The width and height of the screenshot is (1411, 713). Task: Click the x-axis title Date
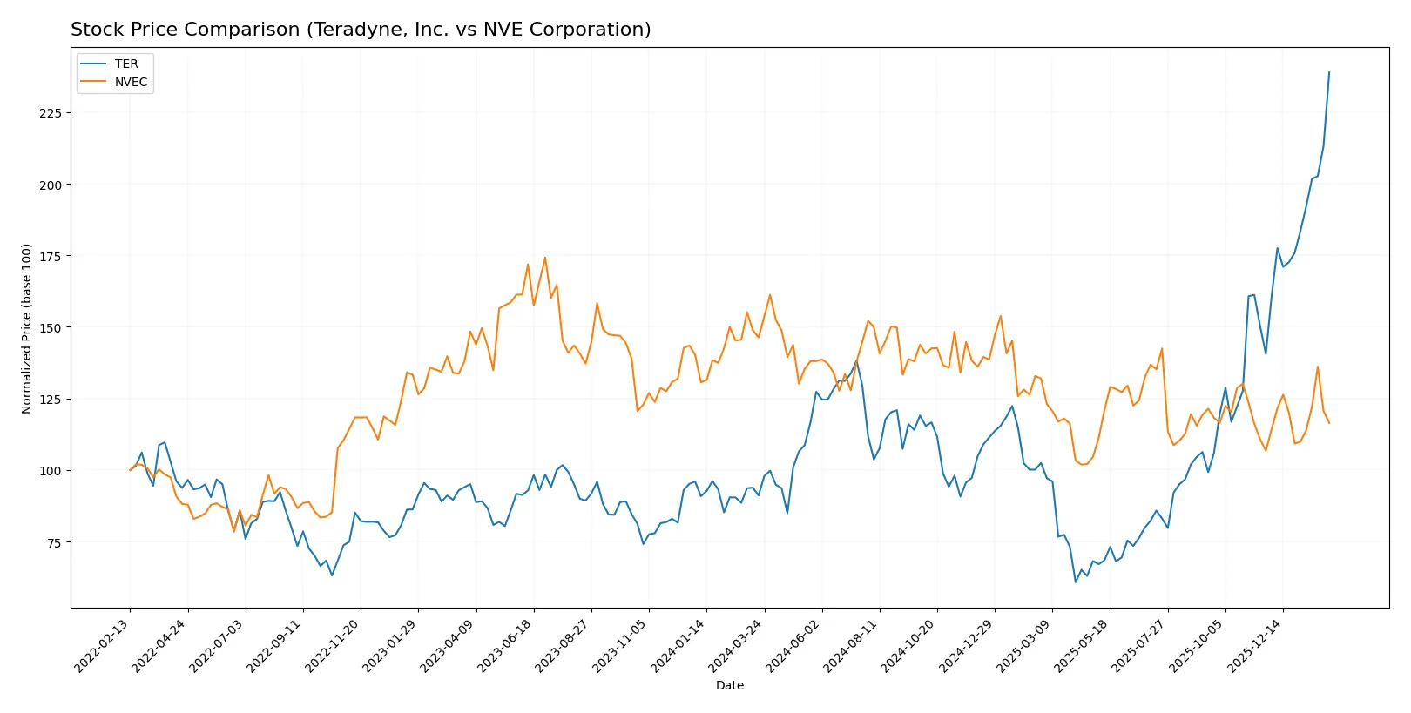pyautogui.click(x=729, y=686)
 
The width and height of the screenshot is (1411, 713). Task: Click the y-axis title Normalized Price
pyautogui.click(x=27, y=328)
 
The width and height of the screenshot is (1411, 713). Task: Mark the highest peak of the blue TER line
pyautogui.click(x=1329, y=72)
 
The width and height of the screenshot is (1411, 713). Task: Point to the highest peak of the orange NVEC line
pyautogui.click(x=545, y=258)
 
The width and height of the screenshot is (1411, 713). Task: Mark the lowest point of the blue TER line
pyautogui.click(x=1076, y=582)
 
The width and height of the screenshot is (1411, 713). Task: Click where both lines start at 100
pyautogui.click(x=131, y=470)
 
